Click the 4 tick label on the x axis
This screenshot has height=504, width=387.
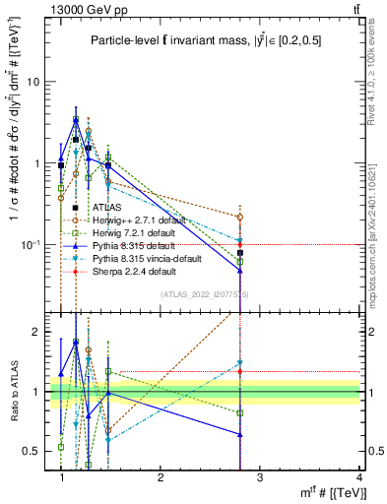pos(358,477)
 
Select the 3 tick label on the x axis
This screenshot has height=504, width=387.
pos(259,477)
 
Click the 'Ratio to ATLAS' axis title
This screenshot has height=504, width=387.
pos(12,392)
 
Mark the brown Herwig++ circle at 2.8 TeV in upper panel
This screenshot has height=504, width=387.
pos(240,217)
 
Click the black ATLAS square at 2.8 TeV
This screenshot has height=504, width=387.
pos(240,253)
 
